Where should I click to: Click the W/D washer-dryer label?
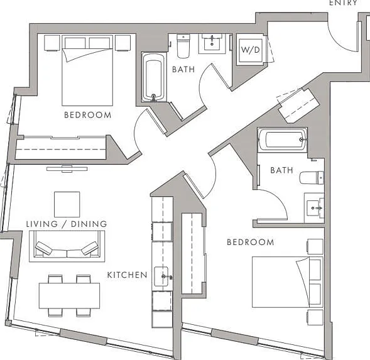251,50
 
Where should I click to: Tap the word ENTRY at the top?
344,3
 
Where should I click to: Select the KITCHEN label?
127,275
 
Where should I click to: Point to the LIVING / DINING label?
67,224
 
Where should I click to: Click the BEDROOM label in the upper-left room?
88,115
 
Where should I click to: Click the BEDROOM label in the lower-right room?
251,243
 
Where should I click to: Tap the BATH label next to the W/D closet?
183,69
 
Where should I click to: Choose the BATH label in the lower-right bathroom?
281,170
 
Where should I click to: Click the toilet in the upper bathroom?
183,46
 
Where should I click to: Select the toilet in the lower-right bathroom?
312,178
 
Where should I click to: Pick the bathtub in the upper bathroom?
154,77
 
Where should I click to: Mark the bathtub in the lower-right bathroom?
283,139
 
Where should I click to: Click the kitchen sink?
161,276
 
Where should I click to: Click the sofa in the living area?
67,246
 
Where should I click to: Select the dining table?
69,296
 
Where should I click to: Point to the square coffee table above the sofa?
67,204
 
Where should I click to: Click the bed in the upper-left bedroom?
87,70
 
